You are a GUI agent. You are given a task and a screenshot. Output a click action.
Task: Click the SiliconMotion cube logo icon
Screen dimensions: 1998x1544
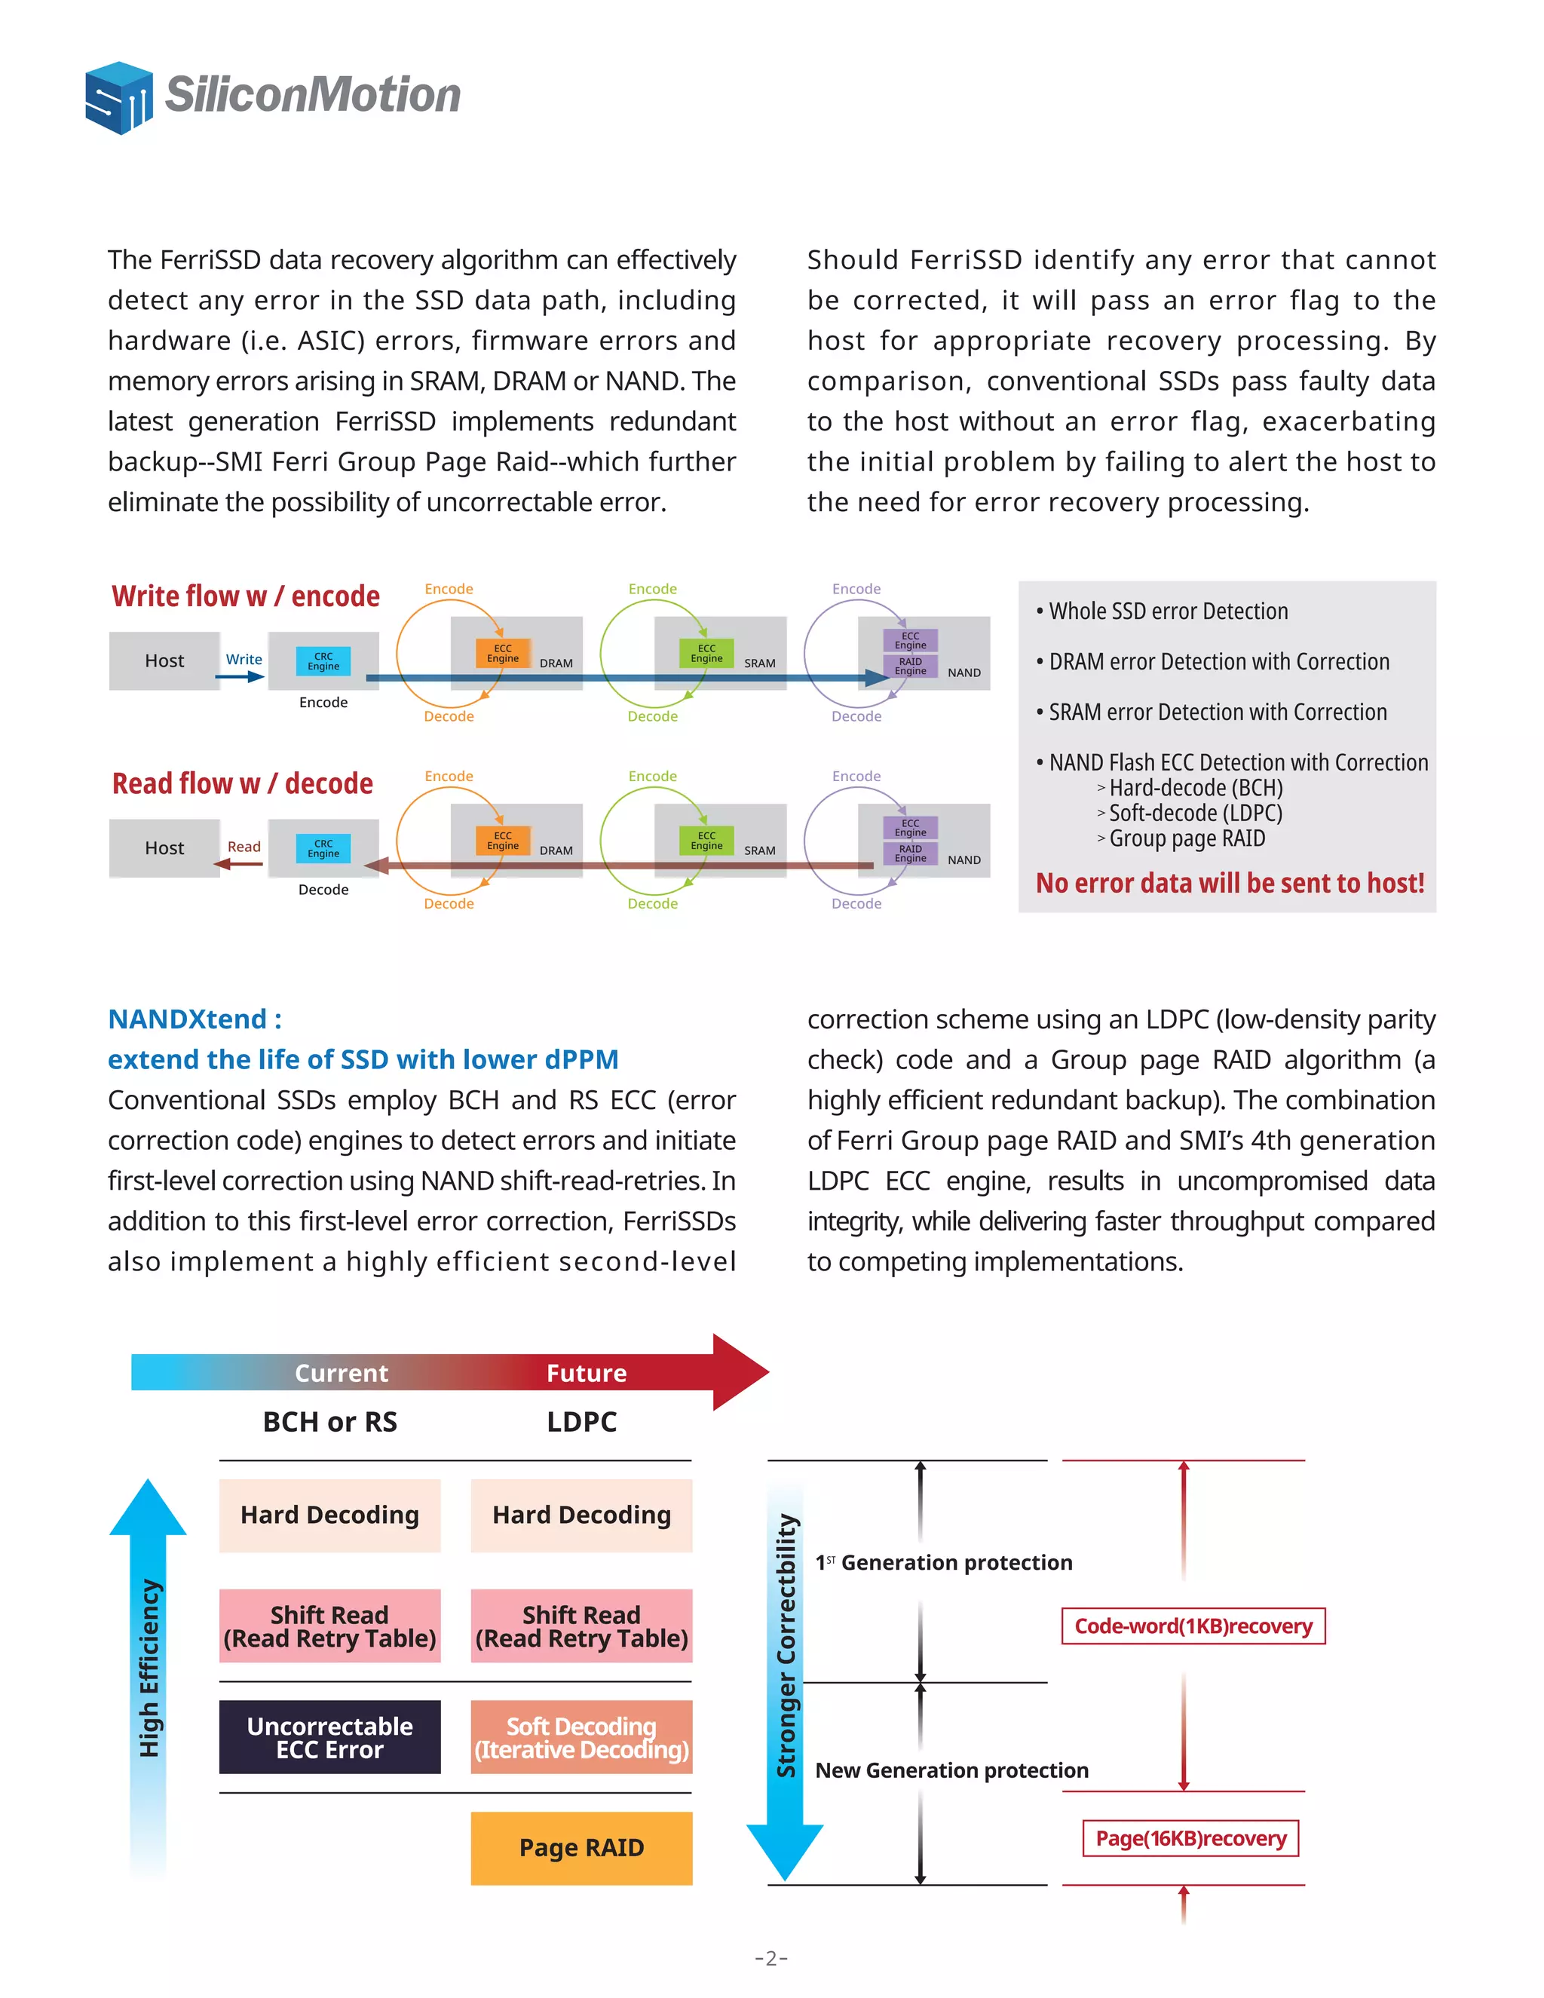point(119,98)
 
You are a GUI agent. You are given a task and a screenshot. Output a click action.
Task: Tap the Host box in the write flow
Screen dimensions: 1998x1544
point(164,660)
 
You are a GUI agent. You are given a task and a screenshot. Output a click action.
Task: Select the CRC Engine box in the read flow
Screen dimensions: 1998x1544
point(323,848)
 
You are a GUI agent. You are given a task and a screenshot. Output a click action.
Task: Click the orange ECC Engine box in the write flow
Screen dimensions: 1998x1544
point(502,653)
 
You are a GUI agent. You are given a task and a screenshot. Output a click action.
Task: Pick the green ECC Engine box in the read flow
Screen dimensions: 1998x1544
point(706,841)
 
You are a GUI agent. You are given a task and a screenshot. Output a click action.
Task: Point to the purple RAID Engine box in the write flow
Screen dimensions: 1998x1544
point(910,666)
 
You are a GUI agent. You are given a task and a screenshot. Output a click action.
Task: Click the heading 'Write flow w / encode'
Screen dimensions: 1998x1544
point(245,596)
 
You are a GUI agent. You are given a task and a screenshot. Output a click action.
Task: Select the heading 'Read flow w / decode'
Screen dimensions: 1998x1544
point(243,784)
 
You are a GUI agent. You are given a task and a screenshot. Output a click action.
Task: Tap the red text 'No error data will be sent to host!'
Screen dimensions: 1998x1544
point(1230,883)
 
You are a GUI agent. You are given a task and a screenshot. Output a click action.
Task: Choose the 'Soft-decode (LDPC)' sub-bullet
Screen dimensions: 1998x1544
point(1195,814)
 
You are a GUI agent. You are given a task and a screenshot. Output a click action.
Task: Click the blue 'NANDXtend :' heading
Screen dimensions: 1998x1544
point(195,1019)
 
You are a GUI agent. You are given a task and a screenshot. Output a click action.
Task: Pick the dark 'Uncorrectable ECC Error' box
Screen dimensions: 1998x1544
point(329,1737)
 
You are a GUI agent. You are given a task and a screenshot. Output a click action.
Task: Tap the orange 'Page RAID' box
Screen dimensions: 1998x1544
point(582,1848)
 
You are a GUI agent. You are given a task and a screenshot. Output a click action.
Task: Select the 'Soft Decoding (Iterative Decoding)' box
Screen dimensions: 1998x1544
point(582,1737)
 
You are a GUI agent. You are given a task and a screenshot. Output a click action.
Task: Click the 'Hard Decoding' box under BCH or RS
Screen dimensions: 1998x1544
point(329,1515)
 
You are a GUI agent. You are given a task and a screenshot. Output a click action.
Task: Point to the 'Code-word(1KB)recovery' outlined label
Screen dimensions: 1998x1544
point(1193,1626)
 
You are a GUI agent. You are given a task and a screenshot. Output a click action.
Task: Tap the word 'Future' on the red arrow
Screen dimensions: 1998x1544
point(587,1373)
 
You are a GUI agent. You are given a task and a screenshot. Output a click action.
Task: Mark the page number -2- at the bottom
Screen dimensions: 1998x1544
point(771,1958)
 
